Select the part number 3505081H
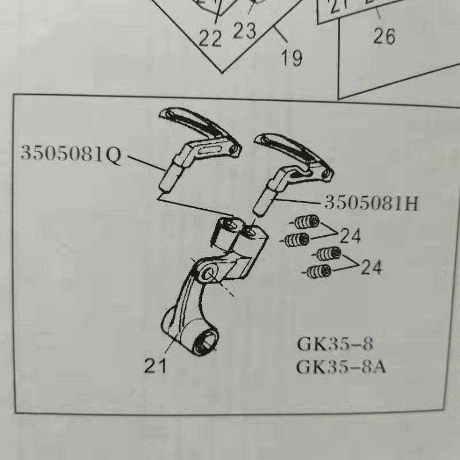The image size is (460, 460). (x=371, y=202)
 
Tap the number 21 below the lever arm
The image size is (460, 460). (x=155, y=365)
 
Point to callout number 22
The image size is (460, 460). (x=210, y=39)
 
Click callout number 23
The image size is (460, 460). (x=244, y=30)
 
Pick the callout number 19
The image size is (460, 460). (x=292, y=57)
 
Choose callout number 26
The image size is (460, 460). (x=384, y=36)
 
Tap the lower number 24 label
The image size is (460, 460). (x=371, y=267)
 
